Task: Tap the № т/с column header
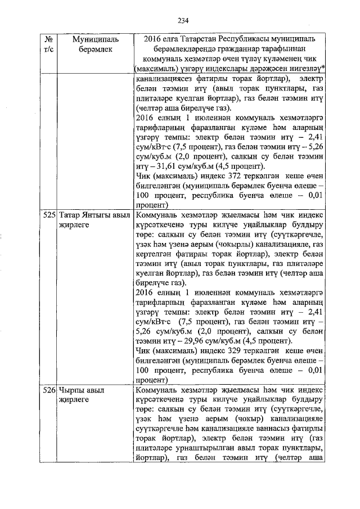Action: pyautogui.click(x=48, y=46)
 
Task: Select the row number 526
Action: pyautogui.click(x=49, y=389)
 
